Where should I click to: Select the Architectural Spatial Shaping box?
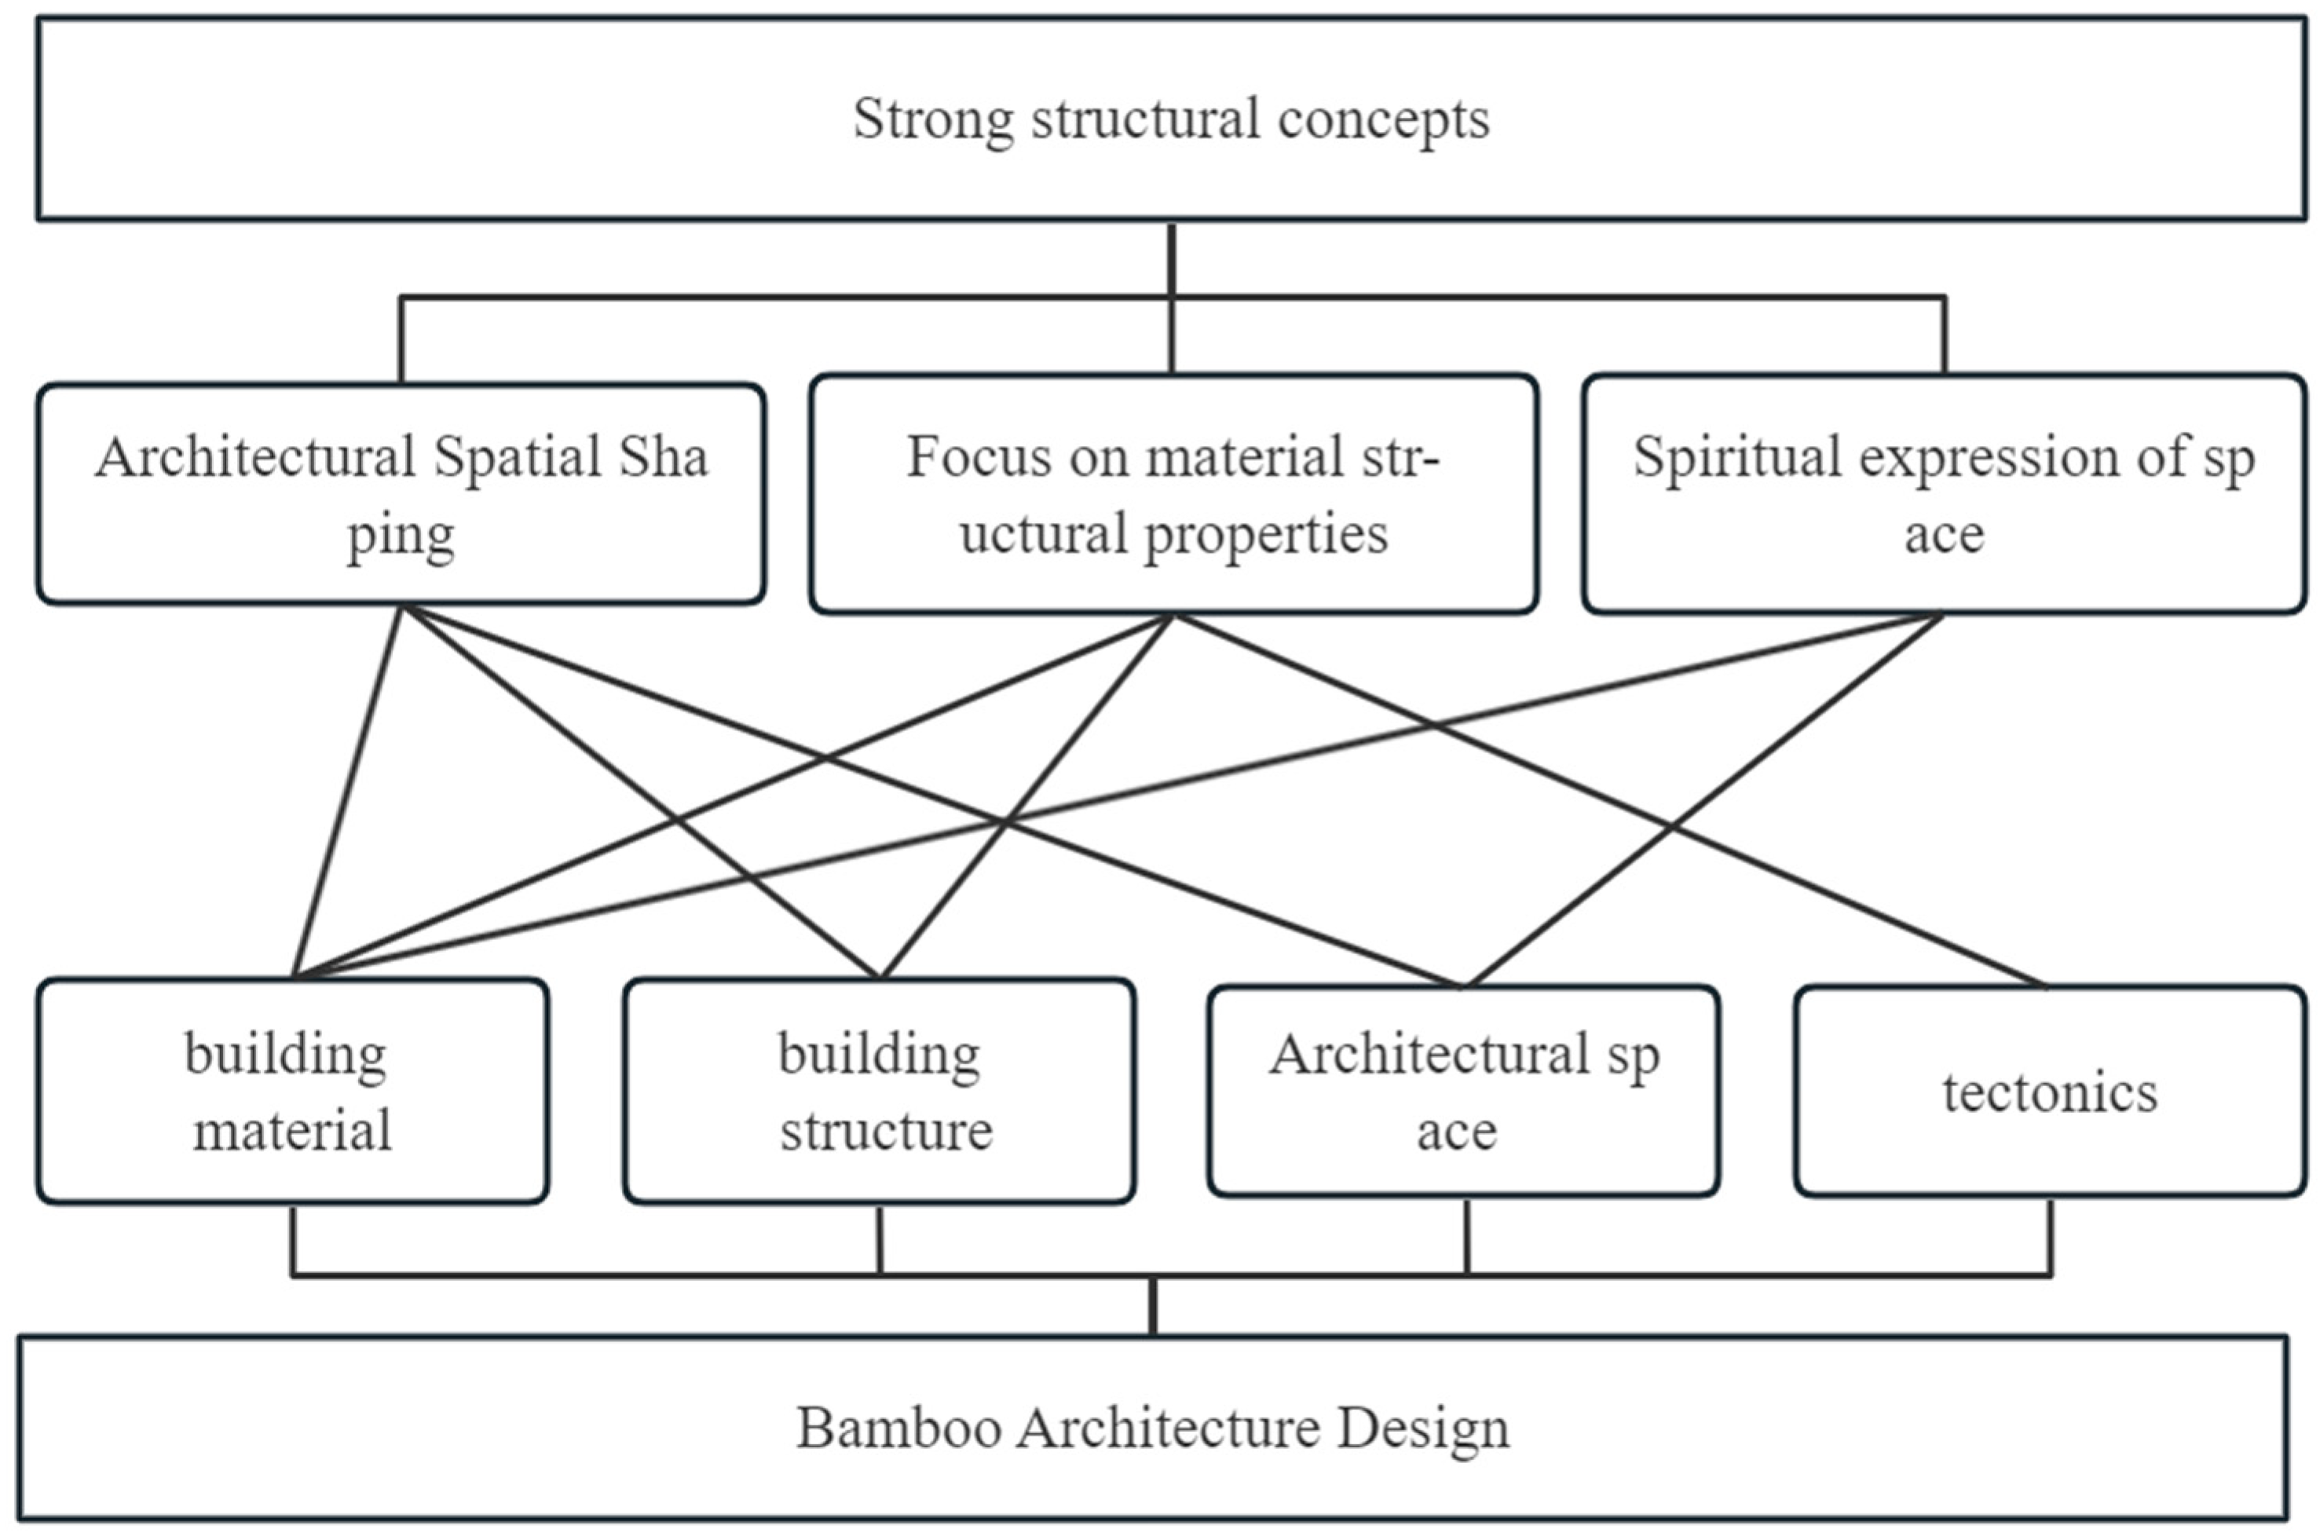401,494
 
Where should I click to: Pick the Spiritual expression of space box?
1943,494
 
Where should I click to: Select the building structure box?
879,1091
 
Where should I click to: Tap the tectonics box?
2050,1091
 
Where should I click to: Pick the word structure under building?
886,1130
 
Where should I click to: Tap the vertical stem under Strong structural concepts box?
1171,258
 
